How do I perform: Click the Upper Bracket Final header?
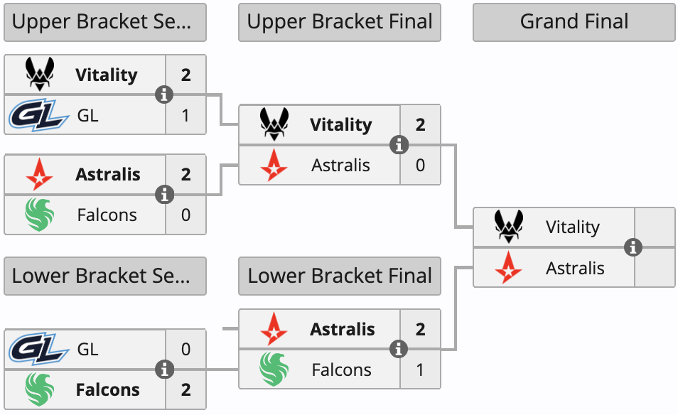pyautogui.click(x=340, y=22)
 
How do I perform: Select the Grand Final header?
pyautogui.click(x=574, y=22)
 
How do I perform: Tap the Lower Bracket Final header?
pyautogui.click(x=340, y=276)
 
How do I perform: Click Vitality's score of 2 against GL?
pyautogui.click(x=186, y=75)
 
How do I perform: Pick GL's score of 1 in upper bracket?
pyautogui.click(x=186, y=115)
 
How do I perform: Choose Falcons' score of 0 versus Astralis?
pyautogui.click(x=186, y=215)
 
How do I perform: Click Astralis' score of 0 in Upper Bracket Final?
pyautogui.click(x=421, y=165)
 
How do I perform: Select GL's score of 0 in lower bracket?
pyautogui.click(x=186, y=349)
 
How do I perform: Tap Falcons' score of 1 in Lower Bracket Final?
pyautogui.click(x=421, y=370)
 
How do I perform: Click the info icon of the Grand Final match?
pyautogui.click(x=633, y=247)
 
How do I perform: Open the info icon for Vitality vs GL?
pyautogui.click(x=165, y=95)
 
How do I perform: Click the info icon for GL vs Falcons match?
pyautogui.click(x=165, y=370)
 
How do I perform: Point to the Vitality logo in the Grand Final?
pyautogui.click(x=509, y=227)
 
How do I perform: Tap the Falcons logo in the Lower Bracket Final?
pyautogui.click(x=274, y=370)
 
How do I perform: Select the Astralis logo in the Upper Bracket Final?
pyautogui.click(x=274, y=165)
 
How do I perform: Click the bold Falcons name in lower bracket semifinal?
pyautogui.click(x=108, y=389)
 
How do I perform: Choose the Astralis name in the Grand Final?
pyautogui.click(x=575, y=268)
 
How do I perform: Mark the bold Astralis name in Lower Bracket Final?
pyautogui.click(x=342, y=329)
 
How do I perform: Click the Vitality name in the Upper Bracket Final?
pyautogui.click(x=340, y=125)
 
